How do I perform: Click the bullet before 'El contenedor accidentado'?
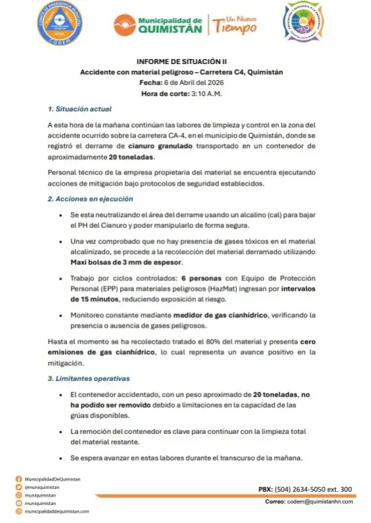[x=63, y=394]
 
